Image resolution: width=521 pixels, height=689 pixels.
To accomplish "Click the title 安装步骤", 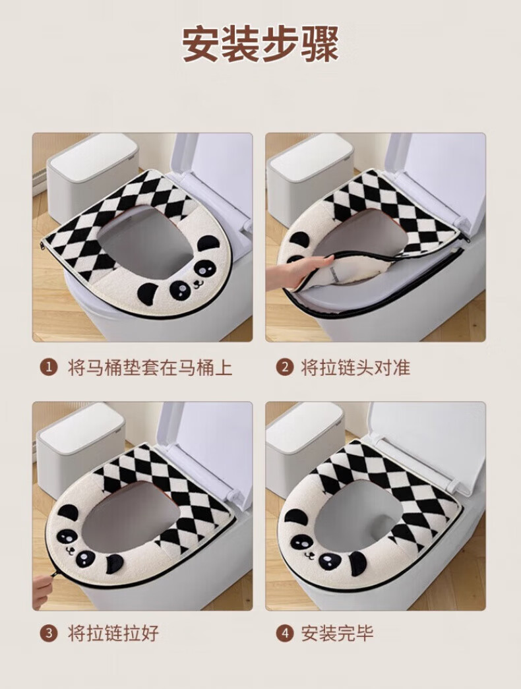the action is point(260,44).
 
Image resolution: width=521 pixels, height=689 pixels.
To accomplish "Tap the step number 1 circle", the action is point(49,367).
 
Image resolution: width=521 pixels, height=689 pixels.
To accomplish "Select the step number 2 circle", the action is point(285,367).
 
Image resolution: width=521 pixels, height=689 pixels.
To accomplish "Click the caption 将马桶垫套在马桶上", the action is point(150,367).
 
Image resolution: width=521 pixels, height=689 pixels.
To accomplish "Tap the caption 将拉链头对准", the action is point(355,367).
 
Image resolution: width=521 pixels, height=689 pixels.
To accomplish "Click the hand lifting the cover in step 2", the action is point(299,271).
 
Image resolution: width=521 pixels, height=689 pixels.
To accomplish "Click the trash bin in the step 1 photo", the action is point(92,178).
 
